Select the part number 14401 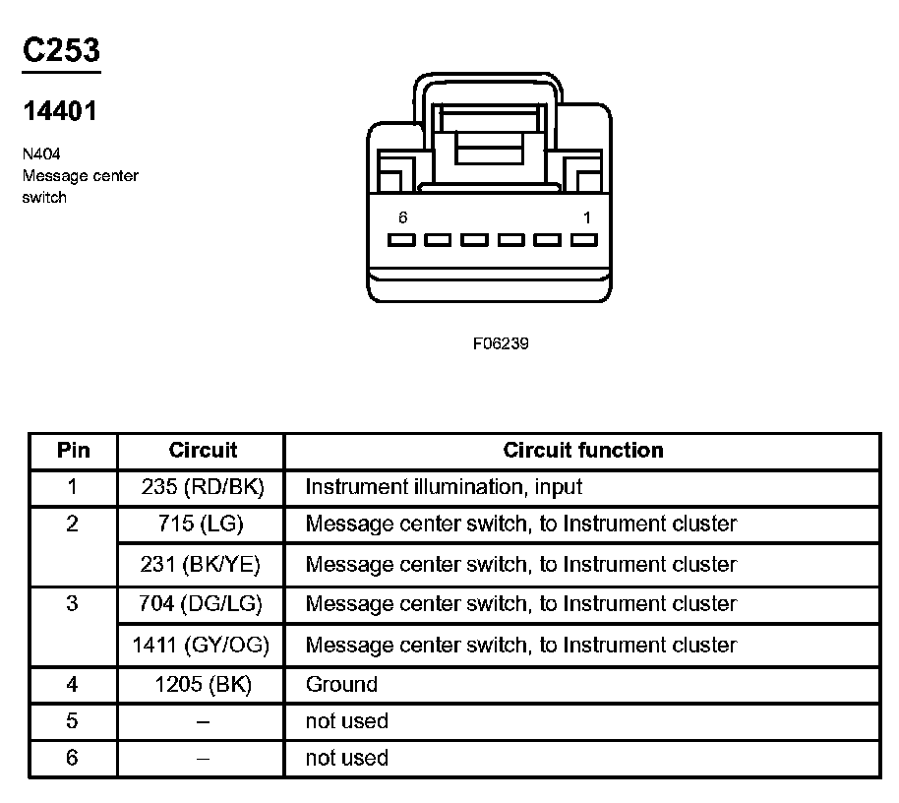(60, 111)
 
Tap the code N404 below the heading (42, 154)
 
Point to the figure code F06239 (501, 344)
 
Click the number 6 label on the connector (403, 217)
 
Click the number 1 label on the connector (587, 217)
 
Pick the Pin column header (73, 451)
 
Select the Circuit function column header (582, 451)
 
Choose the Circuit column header (203, 451)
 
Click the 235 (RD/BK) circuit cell (203, 487)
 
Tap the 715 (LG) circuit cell (201, 525)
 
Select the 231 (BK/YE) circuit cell (201, 565)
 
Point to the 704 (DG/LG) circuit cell (201, 604)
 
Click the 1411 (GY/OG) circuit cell (201, 646)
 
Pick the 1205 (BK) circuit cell (203, 685)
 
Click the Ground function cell (341, 685)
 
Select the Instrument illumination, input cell (444, 487)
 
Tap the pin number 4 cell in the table (72, 685)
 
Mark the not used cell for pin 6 (346, 759)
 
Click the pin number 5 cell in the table (72, 721)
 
